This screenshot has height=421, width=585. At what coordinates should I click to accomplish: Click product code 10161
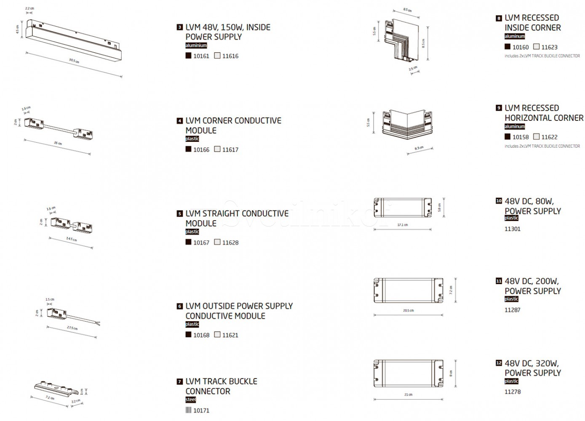201,56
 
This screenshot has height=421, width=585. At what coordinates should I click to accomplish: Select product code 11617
230,149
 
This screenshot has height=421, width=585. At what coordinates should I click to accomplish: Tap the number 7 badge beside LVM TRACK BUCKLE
180,382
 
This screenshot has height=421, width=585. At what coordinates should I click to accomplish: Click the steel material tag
190,400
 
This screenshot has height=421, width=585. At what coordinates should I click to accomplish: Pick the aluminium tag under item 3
196,45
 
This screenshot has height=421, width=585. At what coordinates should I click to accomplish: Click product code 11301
513,229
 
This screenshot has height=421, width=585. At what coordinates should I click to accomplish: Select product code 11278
513,392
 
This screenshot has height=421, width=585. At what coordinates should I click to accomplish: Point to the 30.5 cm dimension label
74,61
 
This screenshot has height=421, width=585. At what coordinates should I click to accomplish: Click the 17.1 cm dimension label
403,225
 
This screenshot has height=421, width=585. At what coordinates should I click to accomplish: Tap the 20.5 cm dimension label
408,311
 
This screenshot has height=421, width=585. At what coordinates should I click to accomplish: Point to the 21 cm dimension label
408,395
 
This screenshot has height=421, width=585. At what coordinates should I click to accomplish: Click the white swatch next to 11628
217,242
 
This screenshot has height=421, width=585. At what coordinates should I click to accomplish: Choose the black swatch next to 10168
188,335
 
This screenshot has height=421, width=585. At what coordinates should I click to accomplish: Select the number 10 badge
499,201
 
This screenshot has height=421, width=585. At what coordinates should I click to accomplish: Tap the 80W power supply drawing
403,208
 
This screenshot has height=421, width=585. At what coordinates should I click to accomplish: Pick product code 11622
549,137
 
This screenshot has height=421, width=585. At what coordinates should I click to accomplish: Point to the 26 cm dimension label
58,144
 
